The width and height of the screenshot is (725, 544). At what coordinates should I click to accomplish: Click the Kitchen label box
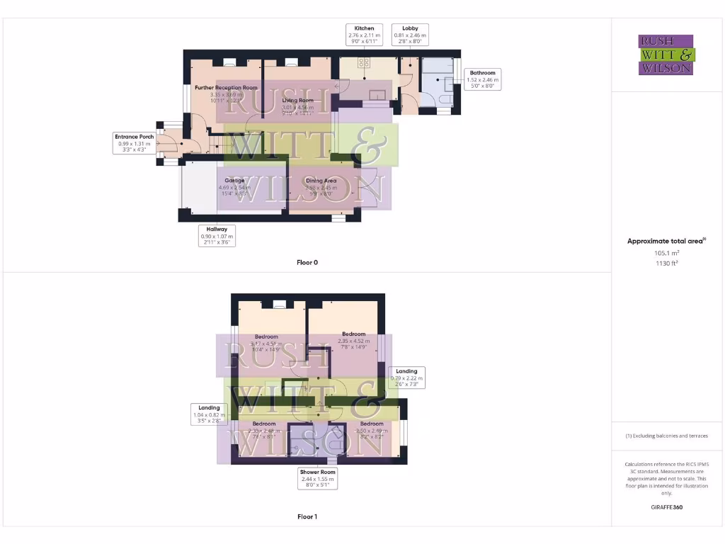click(364, 35)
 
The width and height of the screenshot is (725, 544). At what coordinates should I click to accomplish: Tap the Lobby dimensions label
click(409, 35)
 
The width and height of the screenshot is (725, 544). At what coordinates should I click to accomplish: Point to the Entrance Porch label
click(136, 143)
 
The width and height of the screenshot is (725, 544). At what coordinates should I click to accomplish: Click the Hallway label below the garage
click(217, 236)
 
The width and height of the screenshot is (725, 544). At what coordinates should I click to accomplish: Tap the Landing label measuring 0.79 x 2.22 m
click(406, 378)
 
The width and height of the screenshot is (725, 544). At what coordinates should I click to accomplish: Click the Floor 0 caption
click(307, 263)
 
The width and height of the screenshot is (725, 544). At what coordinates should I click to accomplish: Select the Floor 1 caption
click(307, 517)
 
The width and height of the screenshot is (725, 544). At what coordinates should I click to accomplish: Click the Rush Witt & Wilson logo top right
click(666, 55)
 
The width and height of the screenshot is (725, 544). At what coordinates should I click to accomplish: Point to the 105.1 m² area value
click(666, 252)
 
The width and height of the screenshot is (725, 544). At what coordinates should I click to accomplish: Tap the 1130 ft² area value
click(666, 263)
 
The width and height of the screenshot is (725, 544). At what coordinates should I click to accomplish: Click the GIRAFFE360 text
click(666, 507)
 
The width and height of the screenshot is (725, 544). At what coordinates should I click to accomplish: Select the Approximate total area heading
click(666, 242)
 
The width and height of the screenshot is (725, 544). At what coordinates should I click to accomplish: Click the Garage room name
click(235, 181)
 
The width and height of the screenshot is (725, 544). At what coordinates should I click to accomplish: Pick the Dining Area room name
click(321, 181)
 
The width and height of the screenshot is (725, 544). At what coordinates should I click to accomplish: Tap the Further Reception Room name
click(227, 88)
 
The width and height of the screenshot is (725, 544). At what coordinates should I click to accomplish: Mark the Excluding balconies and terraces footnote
click(666, 436)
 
